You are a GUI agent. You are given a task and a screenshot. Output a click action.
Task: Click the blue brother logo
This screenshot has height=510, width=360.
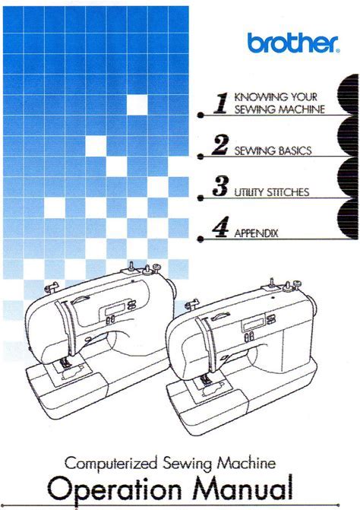(293, 43)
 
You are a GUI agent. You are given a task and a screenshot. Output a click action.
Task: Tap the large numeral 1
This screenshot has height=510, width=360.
(221, 103)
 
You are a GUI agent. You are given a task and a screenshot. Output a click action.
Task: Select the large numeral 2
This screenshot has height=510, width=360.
(220, 144)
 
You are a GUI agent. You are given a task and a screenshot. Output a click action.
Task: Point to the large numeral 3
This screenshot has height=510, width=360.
(220, 186)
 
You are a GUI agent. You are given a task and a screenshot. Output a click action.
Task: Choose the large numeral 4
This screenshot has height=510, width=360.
(220, 227)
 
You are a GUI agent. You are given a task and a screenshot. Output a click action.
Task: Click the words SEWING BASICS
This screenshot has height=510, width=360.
(273, 150)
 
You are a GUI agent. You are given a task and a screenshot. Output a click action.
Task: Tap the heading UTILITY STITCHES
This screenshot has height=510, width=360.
(272, 192)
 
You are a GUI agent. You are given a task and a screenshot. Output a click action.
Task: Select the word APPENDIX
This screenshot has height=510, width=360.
(256, 233)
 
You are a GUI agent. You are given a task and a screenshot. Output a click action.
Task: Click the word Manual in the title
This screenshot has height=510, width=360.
(243, 488)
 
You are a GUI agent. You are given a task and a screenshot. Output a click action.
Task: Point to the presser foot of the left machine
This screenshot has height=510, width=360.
(65, 363)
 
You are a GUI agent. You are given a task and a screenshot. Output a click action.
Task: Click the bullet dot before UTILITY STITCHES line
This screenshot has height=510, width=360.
(201, 198)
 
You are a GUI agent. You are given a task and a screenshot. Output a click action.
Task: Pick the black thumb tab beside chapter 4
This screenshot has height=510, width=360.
(348, 219)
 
